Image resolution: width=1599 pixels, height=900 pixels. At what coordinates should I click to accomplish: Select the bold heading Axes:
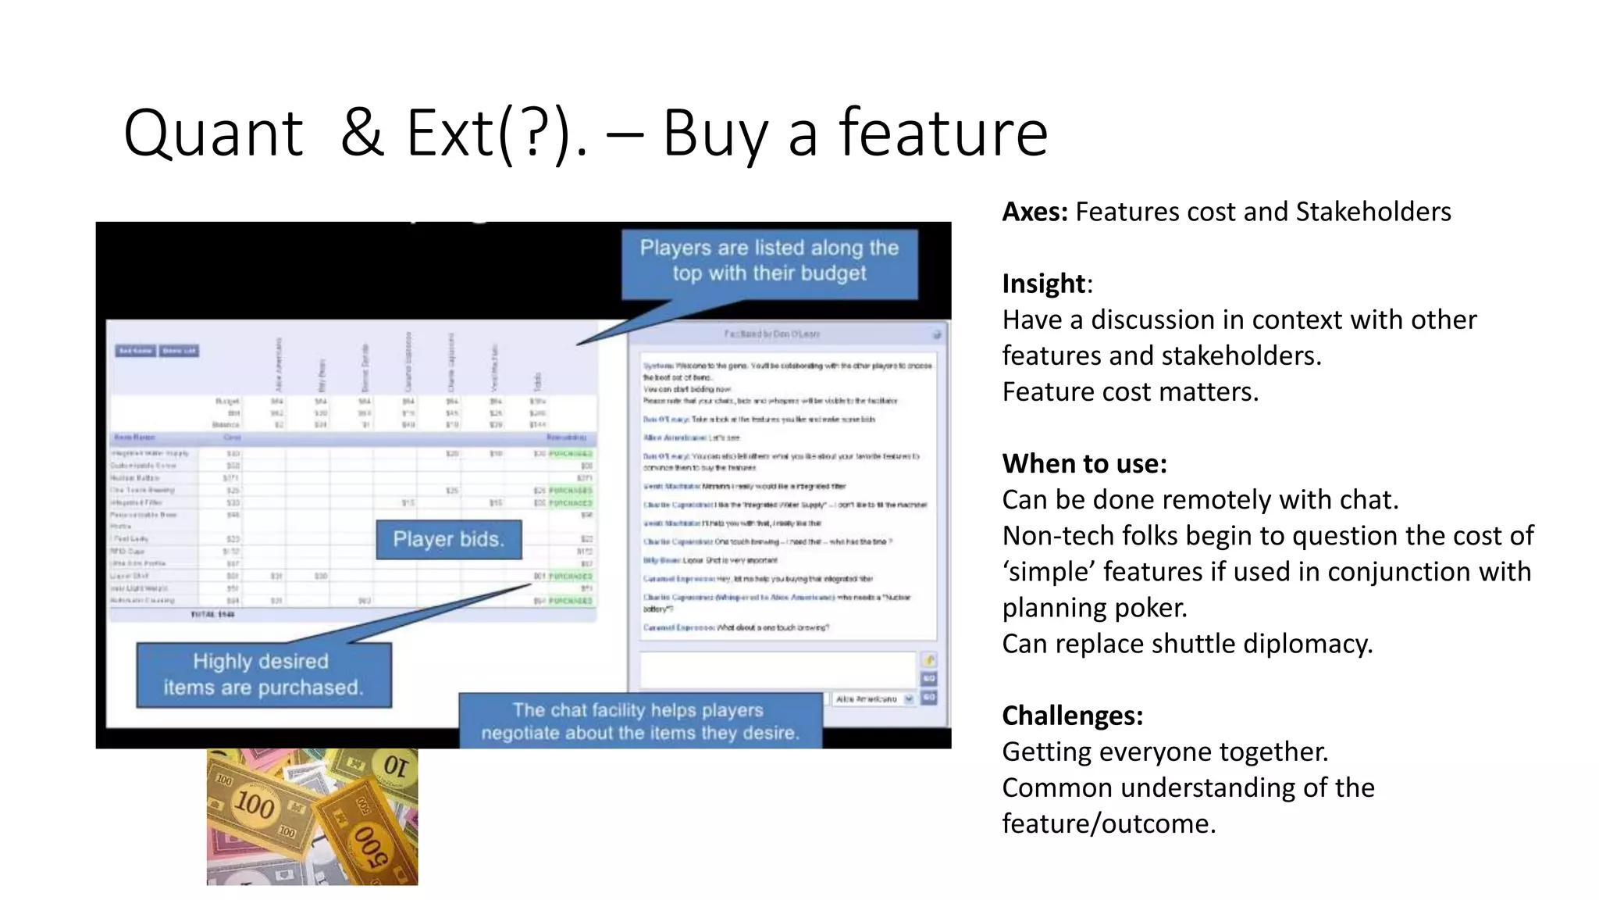pos(1035,212)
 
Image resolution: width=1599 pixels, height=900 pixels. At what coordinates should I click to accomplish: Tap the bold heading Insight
pos(1044,284)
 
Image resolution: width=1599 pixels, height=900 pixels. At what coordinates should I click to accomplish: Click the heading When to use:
pos(1084,464)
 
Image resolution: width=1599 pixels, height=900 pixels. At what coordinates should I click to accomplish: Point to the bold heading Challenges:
pos(1073,716)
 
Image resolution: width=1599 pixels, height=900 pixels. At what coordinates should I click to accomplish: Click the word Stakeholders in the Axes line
pos(1373,212)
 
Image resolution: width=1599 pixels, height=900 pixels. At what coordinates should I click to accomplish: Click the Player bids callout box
pos(448,539)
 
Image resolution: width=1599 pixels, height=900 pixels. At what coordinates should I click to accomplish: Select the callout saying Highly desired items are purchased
pos(263,674)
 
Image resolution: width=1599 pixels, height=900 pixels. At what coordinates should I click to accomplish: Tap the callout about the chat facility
pos(639,721)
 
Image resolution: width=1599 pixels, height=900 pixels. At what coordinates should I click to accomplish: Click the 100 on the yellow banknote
pos(255,803)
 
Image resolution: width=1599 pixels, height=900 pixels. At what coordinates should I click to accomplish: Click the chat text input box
pos(778,670)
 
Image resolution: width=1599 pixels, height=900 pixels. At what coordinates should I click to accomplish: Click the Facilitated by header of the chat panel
pos(771,334)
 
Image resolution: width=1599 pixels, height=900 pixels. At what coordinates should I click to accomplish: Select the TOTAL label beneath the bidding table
pos(212,615)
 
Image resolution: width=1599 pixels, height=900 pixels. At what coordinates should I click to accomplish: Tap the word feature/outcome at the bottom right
pos(1109,823)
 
